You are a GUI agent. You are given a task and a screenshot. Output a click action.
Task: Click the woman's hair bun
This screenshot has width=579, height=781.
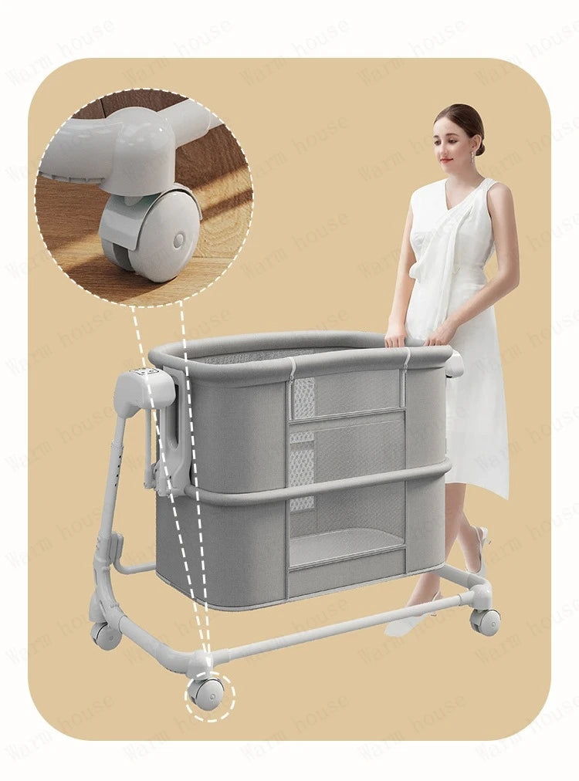coord(479,144)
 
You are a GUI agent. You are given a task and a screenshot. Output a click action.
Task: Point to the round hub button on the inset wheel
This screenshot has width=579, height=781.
coord(178,241)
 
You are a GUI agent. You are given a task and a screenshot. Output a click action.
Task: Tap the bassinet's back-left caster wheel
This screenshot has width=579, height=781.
coord(105,634)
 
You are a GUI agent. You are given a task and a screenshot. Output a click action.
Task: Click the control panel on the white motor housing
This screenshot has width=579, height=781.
coord(145,370)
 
